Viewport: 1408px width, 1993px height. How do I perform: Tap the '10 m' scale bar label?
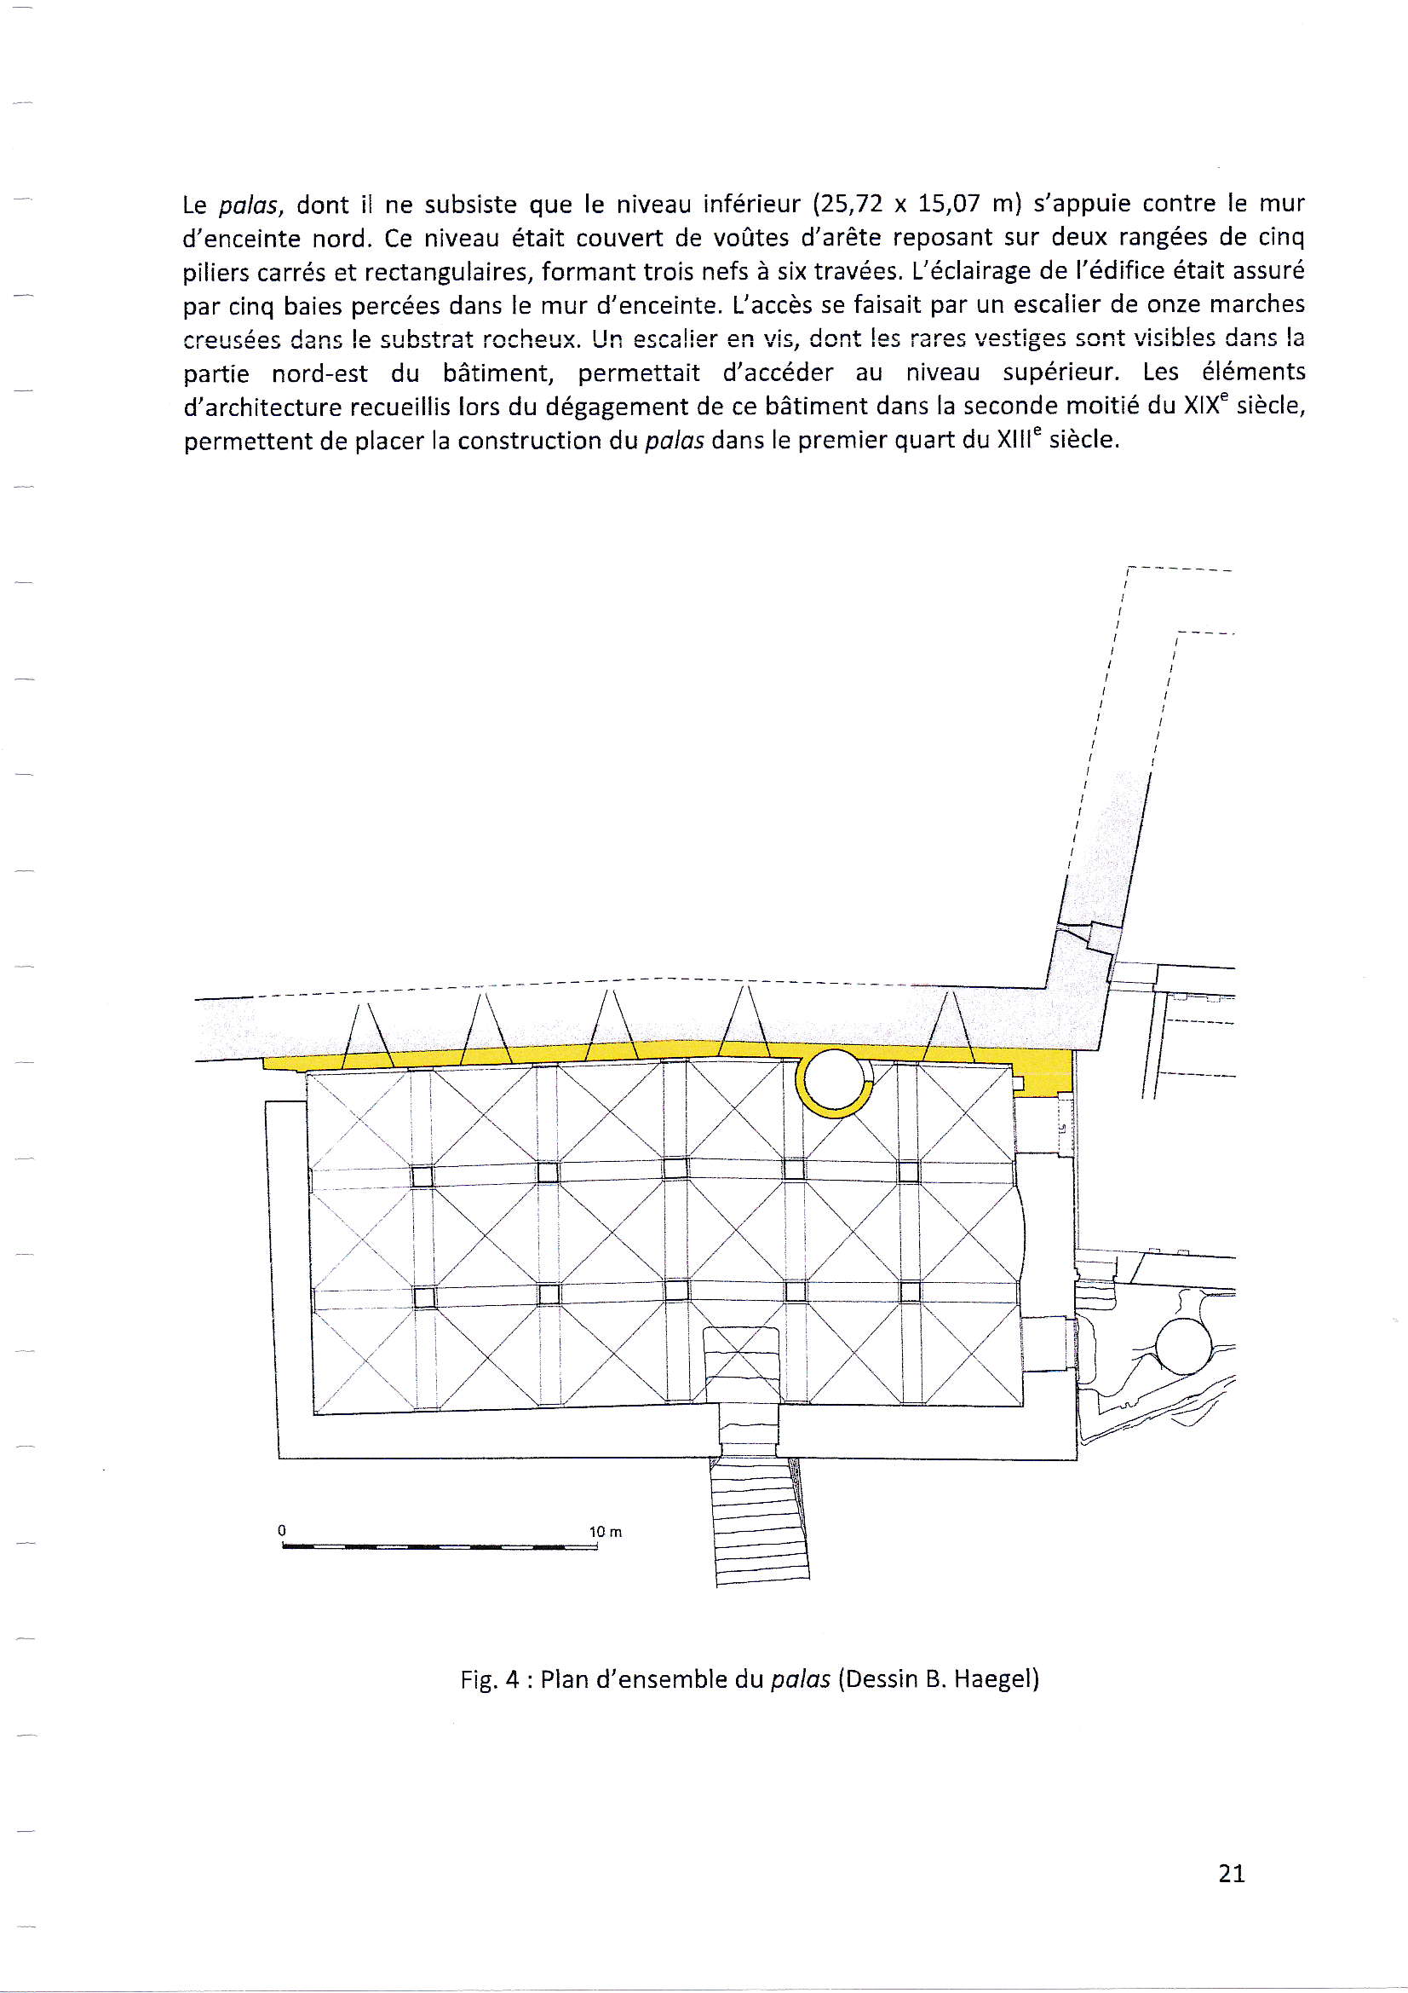pyautogui.click(x=606, y=1532)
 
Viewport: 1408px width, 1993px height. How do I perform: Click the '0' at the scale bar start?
pyautogui.click(x=282, y=1530)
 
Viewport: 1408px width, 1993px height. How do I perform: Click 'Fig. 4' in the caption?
pyautogui.click(x=489, y=1679)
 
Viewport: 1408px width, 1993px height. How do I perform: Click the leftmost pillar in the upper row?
pyautogui.click(x=422, y=1176)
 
